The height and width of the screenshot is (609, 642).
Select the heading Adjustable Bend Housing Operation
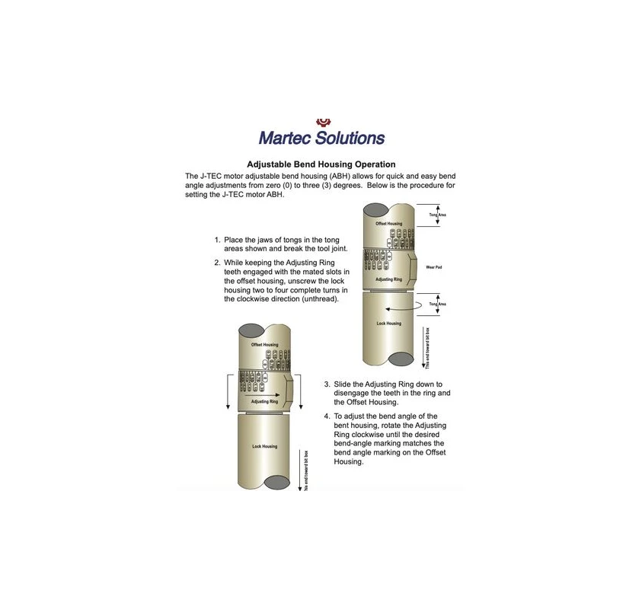(x=321, y=164)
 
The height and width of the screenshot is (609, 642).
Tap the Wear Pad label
(x=435, y=266)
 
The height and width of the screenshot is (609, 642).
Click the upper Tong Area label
(x=437, y=215)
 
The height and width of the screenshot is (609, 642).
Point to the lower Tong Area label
(x=437, y=304)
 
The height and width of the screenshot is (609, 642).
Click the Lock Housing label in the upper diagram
(x=388, y=324)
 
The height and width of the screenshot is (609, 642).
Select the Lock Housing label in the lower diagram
(x=264, y=446)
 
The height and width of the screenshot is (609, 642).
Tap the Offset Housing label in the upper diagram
(x=389, y=224)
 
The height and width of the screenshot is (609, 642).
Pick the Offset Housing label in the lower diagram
(x=264, y=345)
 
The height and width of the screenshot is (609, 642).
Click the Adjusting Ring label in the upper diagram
(x=388, y=280)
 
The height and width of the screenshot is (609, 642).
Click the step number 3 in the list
(x=327, y=384)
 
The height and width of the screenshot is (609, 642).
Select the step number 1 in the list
(x=217, y=240)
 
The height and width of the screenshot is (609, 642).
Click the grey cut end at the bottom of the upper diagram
(x=400, y=359)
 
